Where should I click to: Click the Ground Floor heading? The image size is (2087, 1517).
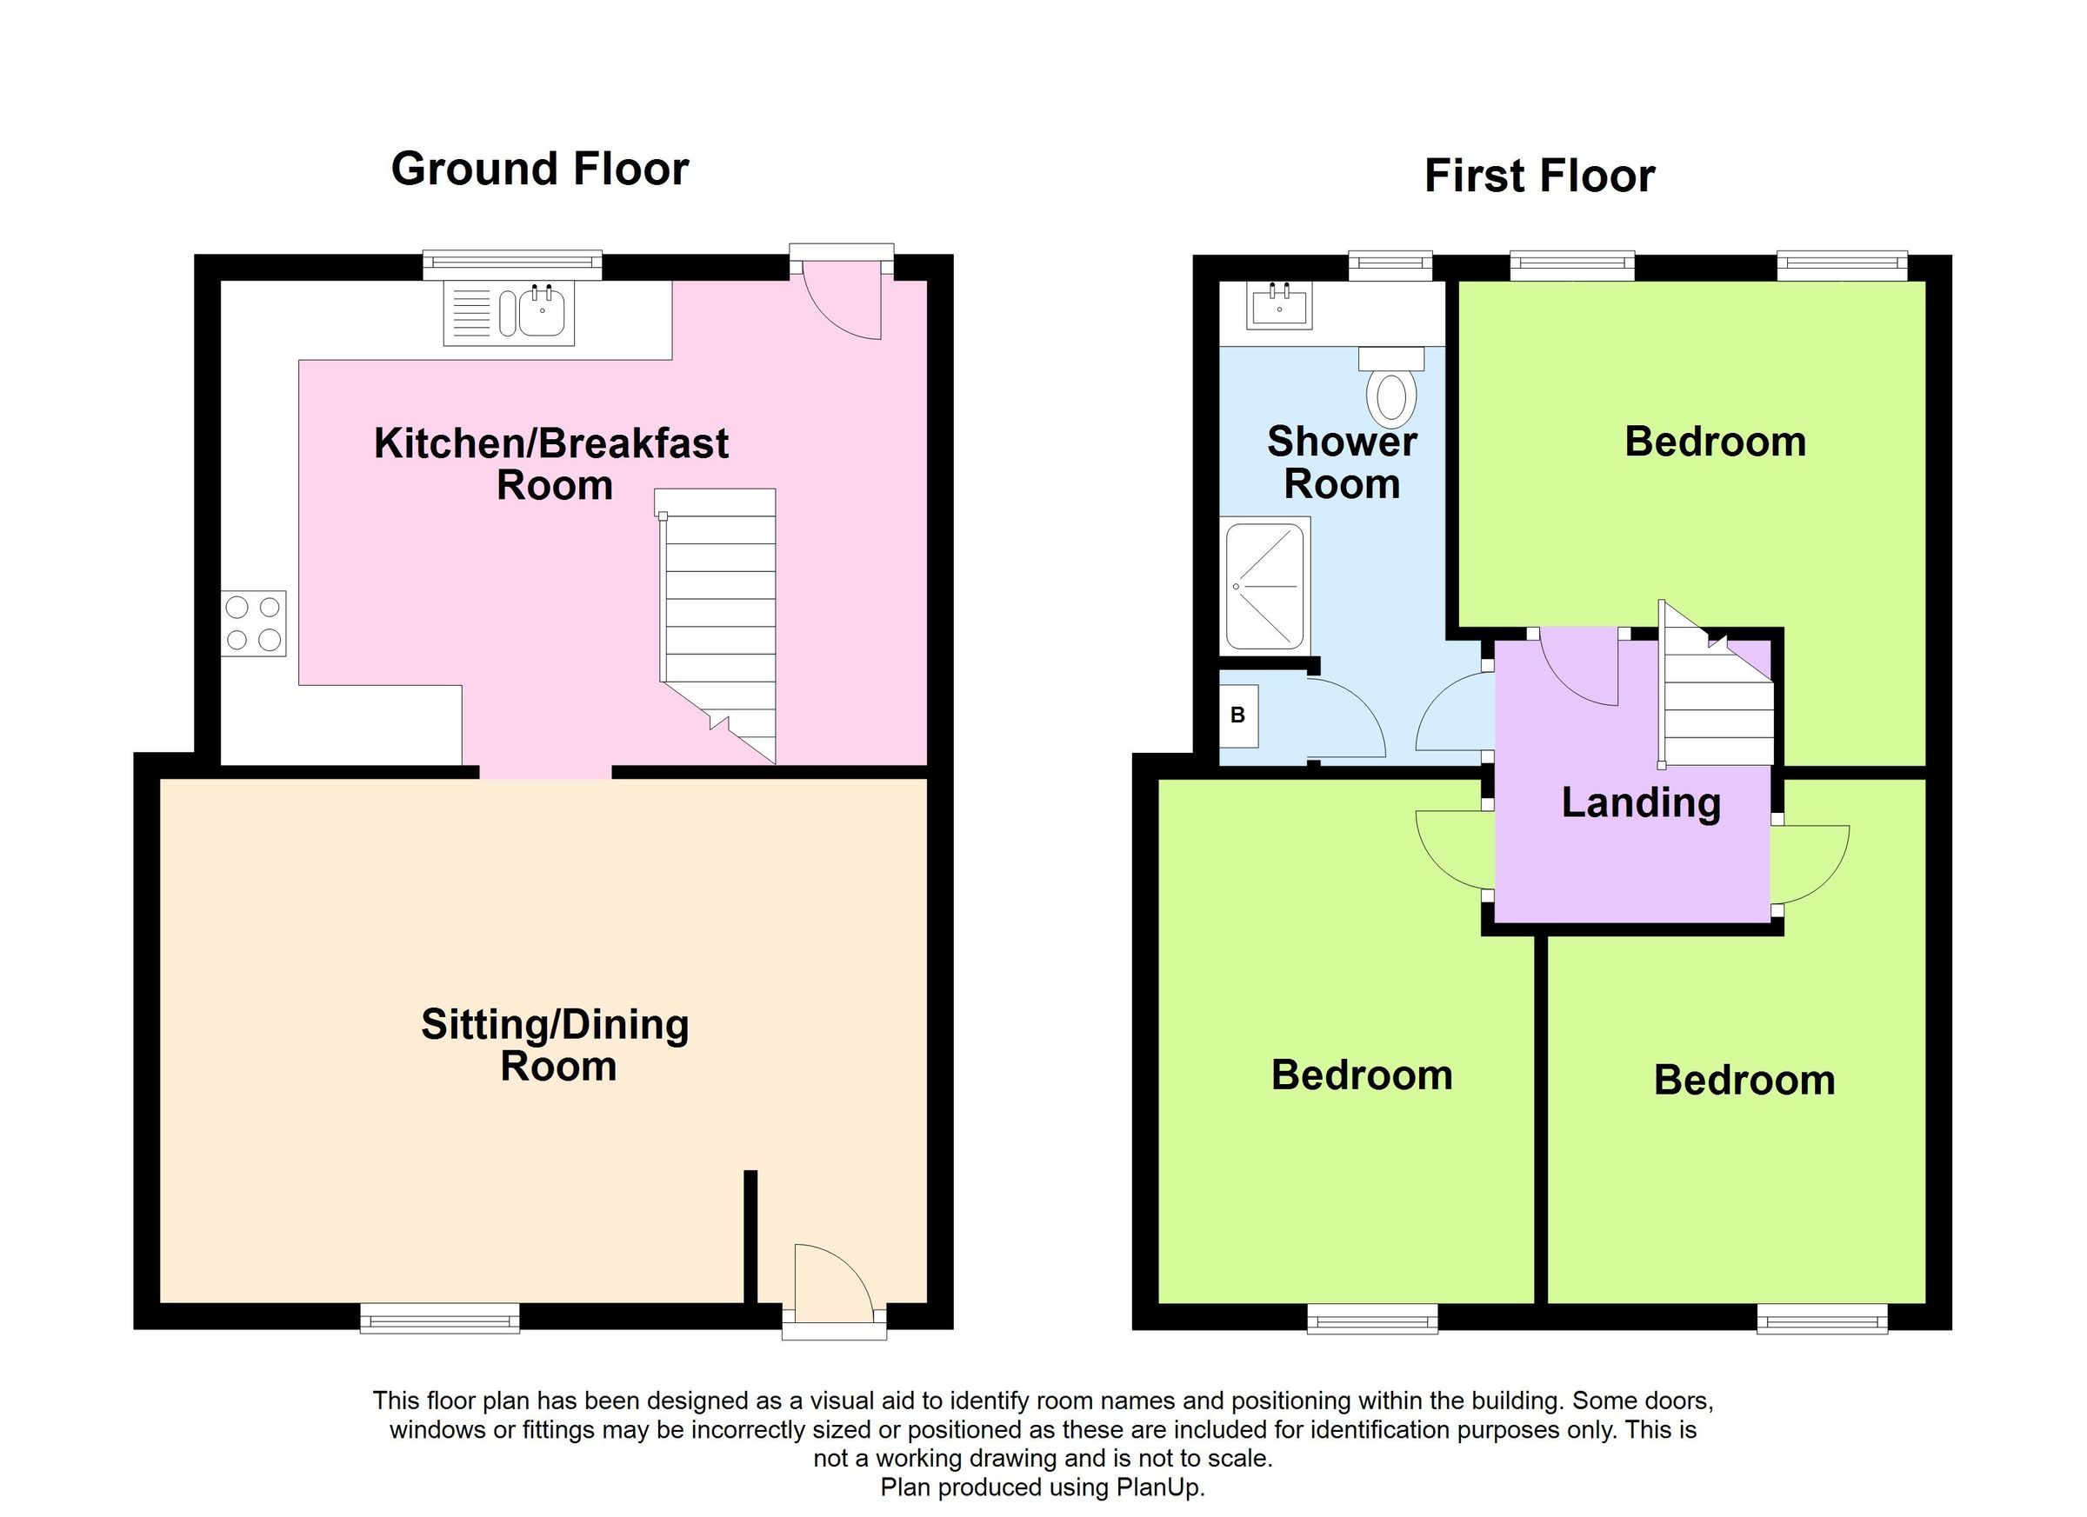[539, 170]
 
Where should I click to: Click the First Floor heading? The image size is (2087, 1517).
[1538, 176]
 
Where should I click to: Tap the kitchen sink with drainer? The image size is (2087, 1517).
[509, 313]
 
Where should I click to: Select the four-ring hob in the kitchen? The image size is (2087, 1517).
[253, 622]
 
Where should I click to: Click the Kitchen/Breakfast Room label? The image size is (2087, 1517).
[551, 463]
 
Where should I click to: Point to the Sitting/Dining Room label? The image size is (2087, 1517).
[556, 1044]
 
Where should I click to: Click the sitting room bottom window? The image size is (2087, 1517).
[439, 1322]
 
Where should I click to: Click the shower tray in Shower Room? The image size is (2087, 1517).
[1266, 585]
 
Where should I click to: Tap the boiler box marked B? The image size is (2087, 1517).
[1237, 715]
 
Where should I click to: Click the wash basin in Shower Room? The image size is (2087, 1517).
[1279, 304]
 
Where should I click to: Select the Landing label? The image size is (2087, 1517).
[1641, 802]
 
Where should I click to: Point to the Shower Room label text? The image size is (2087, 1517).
[1342, 462]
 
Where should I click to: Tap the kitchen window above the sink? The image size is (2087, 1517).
[511, 265]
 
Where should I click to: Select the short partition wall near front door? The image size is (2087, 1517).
[750, 1235]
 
